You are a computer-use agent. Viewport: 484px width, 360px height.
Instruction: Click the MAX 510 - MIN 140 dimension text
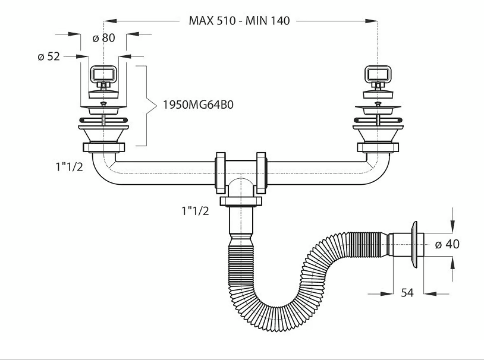pos(239,21)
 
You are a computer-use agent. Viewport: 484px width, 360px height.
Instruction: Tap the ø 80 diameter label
pos(103,37)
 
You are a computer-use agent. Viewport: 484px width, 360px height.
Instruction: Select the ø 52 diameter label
pos(49,56)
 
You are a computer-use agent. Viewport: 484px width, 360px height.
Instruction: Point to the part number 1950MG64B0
pos(198,105)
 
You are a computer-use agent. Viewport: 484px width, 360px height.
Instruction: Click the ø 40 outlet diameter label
pos(447,244)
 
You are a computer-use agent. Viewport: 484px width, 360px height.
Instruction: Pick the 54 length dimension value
pos(407,292)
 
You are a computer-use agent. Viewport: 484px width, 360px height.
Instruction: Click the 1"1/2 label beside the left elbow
pos(69,167)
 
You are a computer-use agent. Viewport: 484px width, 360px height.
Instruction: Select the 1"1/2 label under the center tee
pos(195,211)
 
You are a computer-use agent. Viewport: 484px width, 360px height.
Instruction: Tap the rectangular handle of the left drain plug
pos(103,75)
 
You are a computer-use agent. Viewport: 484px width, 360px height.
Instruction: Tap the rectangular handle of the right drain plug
pos(378,74)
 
